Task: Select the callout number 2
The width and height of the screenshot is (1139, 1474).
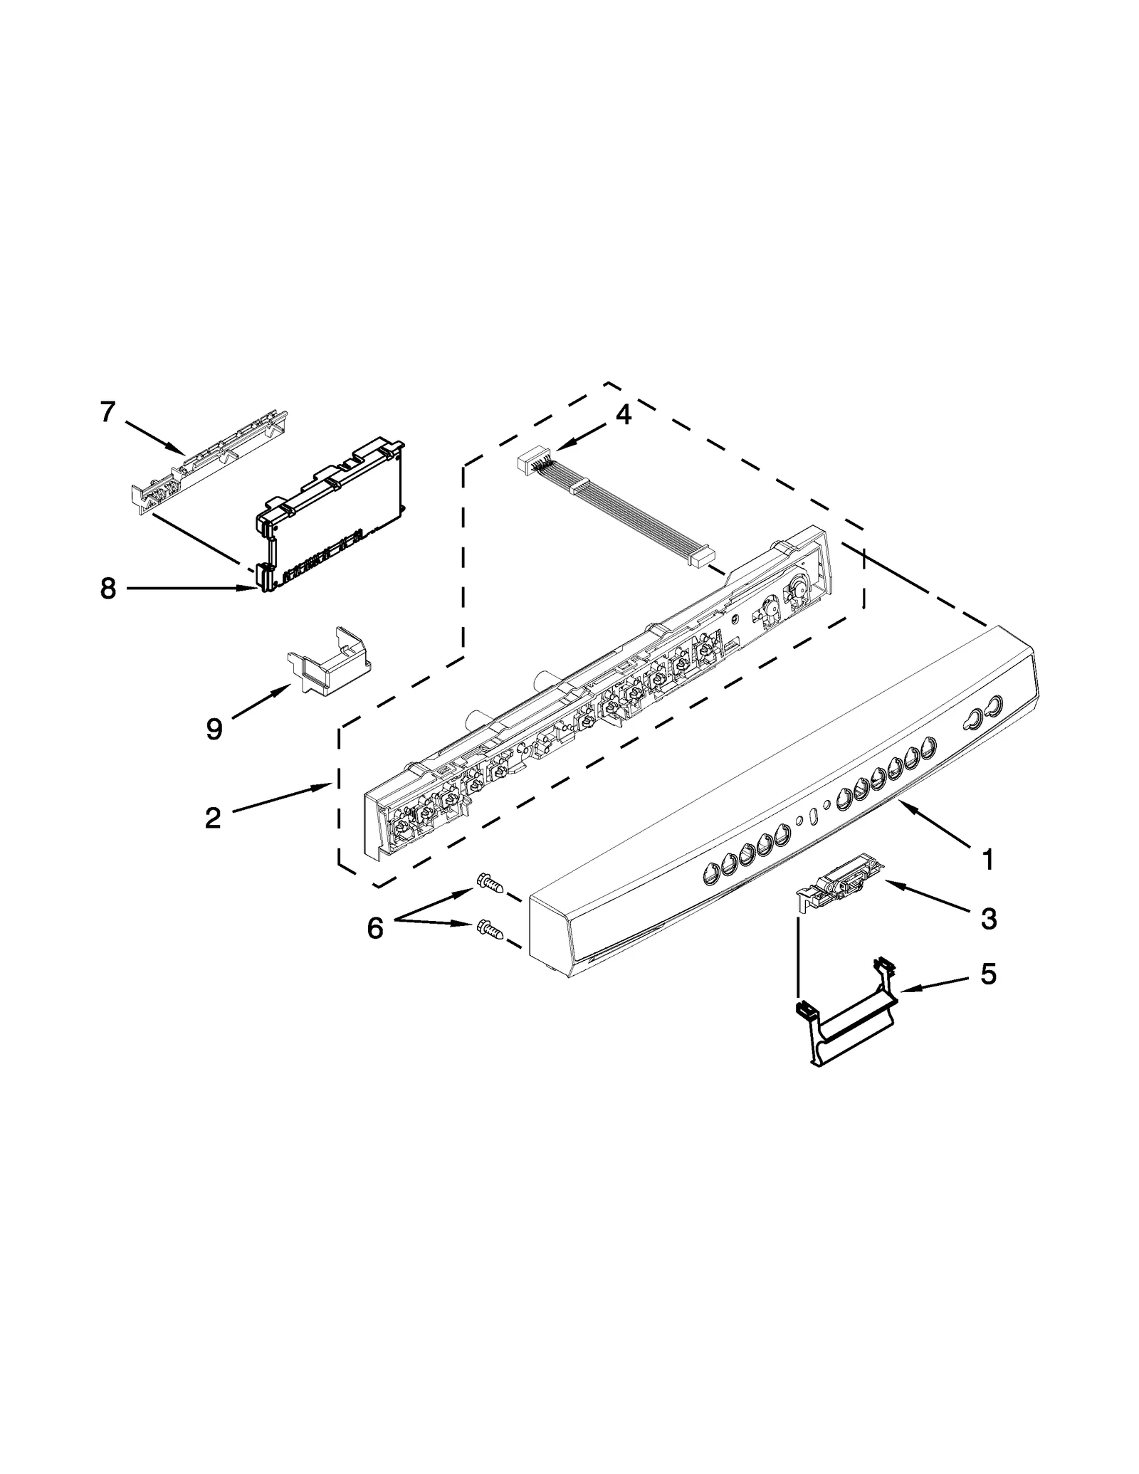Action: point(212,818)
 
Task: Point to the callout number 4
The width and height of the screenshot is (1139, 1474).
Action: point(623,414)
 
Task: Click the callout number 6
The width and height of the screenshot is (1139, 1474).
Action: point(375,927)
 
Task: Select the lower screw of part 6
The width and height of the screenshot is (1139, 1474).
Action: point(490,930)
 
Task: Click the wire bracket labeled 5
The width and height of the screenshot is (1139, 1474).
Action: point(846,1012)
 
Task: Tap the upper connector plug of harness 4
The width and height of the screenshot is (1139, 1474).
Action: point(529,465)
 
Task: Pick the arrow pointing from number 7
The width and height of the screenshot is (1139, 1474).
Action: point(154,436)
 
